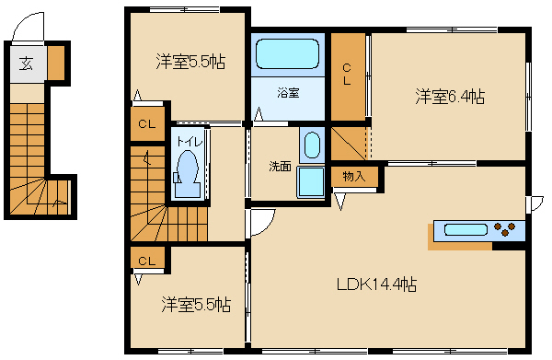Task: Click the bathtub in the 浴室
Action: (287, 53)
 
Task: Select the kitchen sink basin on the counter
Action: (466, 230)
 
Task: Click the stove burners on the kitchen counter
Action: (505, 229)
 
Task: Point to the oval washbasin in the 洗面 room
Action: (312, 145)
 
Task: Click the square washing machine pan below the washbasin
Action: (311, 181)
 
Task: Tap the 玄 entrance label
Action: (27, 64)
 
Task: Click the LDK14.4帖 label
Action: (376, 285)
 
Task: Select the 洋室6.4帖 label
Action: (450, 96)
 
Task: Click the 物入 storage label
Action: (354, 176)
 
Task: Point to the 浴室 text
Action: (288, 93)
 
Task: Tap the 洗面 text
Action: (281, 167)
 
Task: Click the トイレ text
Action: (190, 142)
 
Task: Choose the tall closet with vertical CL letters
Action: (348, 76)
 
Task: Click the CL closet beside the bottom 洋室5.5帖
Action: (147, 257)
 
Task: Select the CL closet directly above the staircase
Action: (147, 123)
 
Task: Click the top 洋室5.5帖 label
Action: (190, 62)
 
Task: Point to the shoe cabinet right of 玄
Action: (56, 63)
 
